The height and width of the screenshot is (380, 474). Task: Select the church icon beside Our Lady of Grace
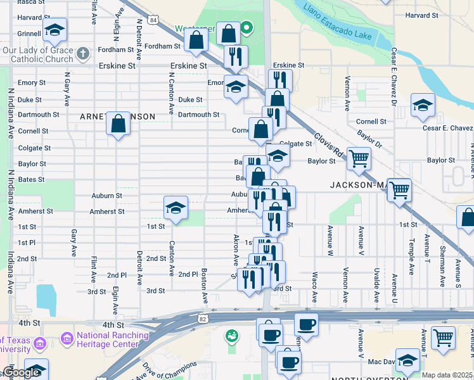[x=82, y=54]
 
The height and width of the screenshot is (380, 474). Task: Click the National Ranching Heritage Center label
[x=112, y=339]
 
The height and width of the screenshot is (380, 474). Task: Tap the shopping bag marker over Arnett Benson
[x=118, y=123]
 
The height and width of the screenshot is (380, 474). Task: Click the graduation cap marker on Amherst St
[x=176, y=207]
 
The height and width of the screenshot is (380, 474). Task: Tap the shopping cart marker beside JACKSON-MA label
[x=399, y=189]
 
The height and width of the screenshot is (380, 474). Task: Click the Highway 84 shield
[x=155, y=20]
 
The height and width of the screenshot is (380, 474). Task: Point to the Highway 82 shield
[x=202, y=316]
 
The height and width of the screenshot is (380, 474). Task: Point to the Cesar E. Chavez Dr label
[x=394, y=77]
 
